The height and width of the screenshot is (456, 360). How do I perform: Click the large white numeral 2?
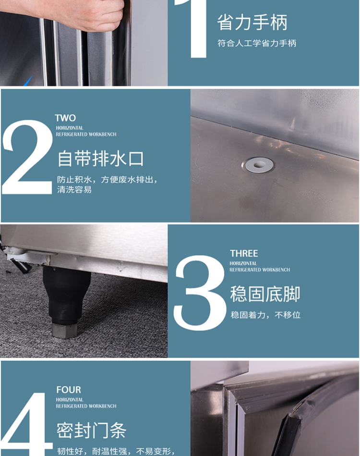28,157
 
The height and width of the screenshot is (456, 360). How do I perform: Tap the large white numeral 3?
200,293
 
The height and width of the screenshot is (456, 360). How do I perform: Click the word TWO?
65,118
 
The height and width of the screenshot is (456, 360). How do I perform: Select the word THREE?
244,254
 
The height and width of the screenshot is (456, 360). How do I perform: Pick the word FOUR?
69,390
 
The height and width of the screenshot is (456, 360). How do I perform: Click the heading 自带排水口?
100,159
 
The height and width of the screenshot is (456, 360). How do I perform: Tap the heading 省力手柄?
252,23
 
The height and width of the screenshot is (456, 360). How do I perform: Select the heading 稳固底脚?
265,294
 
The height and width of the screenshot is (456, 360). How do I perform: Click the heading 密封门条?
92,431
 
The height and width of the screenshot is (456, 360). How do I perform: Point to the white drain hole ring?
258,165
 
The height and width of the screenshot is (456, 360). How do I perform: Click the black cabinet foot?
66,294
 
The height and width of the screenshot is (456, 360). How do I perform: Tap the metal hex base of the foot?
64,331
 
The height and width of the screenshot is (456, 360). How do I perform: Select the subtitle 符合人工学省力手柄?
257,44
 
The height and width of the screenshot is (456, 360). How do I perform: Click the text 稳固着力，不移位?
265,315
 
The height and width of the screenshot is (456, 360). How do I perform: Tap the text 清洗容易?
74,190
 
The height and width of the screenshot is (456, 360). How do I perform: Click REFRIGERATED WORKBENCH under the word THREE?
260,270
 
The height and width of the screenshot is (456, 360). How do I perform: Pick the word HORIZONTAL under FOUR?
70,400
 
